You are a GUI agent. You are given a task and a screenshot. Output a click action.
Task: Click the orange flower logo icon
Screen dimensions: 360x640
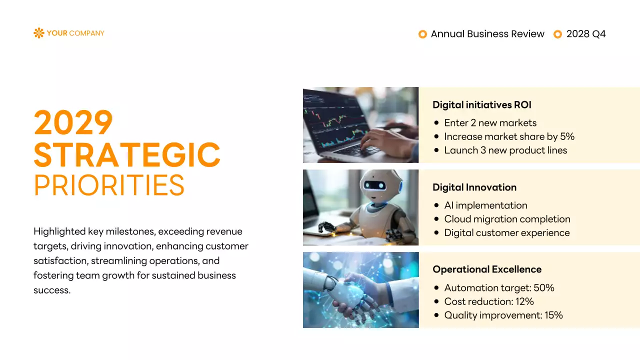(38, 33)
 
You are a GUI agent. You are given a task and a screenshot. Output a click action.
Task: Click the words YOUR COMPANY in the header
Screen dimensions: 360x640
(75, 33)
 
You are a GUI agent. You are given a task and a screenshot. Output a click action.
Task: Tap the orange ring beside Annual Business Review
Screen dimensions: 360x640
(422, 34)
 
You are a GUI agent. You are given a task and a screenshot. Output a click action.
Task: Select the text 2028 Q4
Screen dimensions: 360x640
(586, 34)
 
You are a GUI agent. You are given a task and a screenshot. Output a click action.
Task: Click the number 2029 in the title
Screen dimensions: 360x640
(73, 123)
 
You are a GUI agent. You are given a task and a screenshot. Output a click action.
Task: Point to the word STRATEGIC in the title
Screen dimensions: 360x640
(127, 155)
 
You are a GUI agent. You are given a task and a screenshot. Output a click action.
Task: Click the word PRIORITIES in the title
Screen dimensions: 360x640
(109, 185)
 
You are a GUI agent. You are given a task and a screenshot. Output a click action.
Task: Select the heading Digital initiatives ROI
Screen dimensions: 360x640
(481, 105)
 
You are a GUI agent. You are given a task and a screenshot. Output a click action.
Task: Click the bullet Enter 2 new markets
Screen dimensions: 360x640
(490, 123)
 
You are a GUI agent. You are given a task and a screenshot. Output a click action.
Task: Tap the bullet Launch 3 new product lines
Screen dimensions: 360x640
(505, 150)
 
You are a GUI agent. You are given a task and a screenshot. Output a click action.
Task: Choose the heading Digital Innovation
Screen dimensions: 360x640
(474, 187)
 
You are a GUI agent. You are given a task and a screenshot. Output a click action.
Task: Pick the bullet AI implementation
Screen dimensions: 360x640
(485, 205)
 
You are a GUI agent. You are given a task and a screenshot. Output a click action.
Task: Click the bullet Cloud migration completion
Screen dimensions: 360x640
(507, 219)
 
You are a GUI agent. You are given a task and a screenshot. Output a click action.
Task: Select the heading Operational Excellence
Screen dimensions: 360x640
(486, 269)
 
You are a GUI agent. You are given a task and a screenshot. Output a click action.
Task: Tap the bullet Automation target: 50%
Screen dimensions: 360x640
(499, 288)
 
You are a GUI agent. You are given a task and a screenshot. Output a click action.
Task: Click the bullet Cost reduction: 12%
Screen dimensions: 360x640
(489, 301)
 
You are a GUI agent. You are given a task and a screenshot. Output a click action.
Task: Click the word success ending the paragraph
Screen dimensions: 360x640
(51, 290)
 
